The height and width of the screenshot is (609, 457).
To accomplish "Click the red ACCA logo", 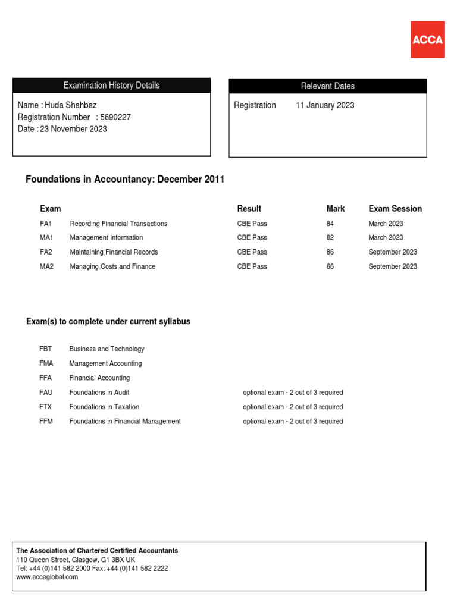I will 427,39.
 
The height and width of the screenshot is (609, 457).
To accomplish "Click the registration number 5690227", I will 116,117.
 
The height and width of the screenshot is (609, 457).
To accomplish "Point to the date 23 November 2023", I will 73,129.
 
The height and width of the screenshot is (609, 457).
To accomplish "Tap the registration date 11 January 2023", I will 325,105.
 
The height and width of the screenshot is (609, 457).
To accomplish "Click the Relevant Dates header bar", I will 328,86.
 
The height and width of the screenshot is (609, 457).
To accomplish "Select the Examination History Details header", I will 111,86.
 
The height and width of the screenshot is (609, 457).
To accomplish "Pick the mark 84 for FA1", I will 330,224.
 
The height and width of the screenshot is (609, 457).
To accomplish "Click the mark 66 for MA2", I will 330,266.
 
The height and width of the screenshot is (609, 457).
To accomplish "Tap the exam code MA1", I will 46,238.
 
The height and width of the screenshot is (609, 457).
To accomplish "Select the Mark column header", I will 336,209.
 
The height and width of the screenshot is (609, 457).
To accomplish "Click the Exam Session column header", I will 395,209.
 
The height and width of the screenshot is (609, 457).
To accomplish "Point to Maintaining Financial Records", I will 114,252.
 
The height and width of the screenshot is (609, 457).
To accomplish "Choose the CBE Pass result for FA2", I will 252,252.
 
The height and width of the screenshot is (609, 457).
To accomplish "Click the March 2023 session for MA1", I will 386,238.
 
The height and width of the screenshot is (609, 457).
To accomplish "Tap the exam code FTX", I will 46,407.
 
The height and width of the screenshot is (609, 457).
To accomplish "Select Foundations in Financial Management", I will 125,422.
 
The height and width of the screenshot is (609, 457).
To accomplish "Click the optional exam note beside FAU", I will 293,393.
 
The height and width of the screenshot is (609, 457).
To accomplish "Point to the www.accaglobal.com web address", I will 47,577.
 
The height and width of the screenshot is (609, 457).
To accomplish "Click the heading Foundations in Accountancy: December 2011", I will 125,180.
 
